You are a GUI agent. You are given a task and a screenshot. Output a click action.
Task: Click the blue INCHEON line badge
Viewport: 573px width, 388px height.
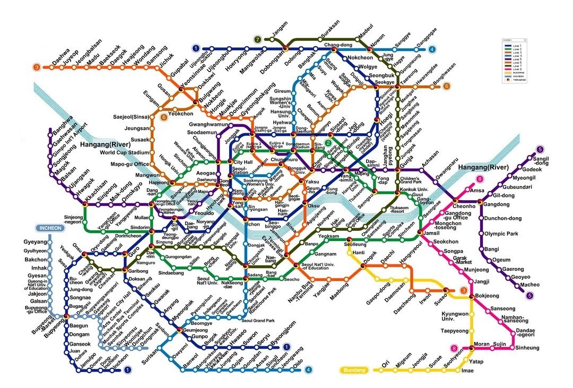pyautogui.click(x=52, y=228)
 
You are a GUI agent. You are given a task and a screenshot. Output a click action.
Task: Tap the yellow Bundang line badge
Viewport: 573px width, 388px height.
pyautogui.click(x=354, y=370)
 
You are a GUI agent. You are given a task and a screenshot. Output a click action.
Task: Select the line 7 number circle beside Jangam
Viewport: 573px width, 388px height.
pyautogui.click(x=258, y=39)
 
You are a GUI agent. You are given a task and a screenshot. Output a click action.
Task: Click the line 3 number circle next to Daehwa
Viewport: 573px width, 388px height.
pyautogui.click(x=36, y=67)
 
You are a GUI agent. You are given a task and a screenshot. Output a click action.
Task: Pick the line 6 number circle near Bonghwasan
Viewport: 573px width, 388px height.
pyautogui.click(x=447, y=86)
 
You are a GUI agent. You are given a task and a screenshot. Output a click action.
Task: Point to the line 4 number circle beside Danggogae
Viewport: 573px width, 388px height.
pyautogui.click(x=432, y=50)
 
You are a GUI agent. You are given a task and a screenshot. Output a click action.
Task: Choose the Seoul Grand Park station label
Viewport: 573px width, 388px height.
pyautogui.click(x=258, y=321)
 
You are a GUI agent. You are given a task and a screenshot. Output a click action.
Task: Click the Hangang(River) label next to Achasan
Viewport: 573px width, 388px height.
pyautogui.click(x=483, y=167)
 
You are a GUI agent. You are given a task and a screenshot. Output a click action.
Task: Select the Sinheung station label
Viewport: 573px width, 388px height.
pyautogui.click(x=528, y=348)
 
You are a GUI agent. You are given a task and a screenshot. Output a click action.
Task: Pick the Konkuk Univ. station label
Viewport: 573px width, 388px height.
pyautogui.click(x=414, y=189)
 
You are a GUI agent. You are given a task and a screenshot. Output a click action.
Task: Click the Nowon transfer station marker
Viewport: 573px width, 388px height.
pyautogui.click(x=370, y=49)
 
